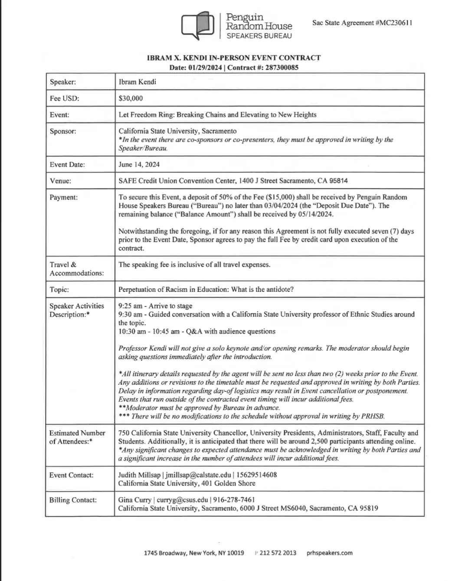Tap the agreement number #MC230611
point(394,23)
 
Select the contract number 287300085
point(282,67)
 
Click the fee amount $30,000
point(131,98)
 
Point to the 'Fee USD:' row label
point(65,98)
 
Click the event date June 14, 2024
point(139,165)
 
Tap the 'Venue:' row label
point(61,181)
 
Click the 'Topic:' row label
point(59,290)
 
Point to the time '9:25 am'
point(130,306)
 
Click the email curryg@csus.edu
point(182,500)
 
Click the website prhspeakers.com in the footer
point(329,553)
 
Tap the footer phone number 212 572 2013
point(278,553)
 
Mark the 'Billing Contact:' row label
point(73,500)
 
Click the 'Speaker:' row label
point(63,82)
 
